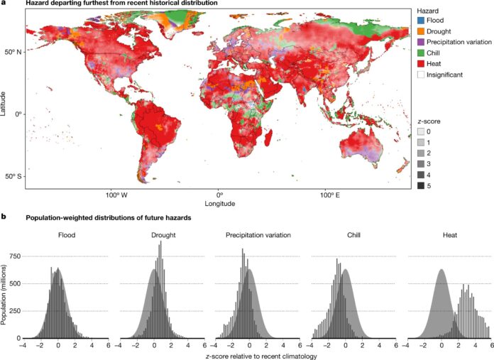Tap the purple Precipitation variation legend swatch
(421, 44)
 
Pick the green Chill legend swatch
(421, 55)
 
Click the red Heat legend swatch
(421, 65)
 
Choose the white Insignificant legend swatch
(421, 76)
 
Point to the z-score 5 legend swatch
(421, 185)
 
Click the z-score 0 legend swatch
(421, 132)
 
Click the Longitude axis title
(219, 203)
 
